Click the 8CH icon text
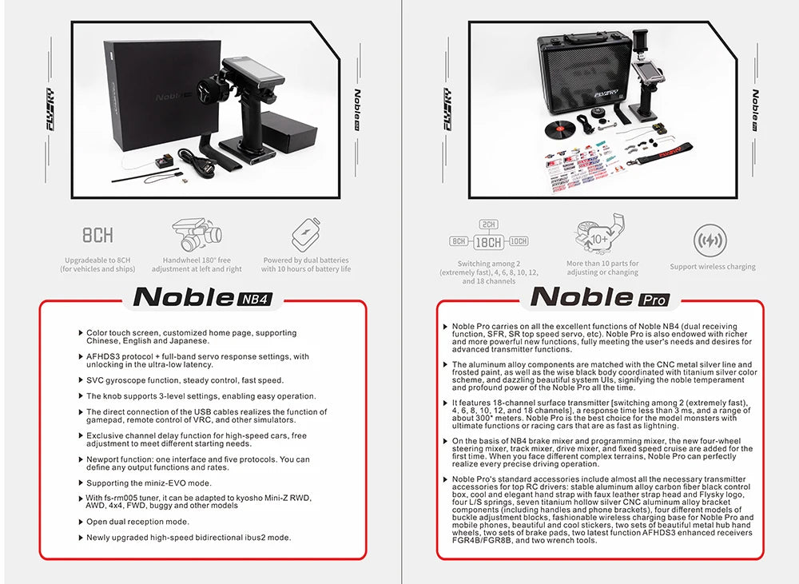[98, 235]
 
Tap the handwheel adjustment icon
[197, 235]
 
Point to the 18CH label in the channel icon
[489, 241]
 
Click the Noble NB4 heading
[204, 297]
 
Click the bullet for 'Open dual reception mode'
[81, 522]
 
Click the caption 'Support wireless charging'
[713, 267]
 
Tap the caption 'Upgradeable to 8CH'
[97, 260]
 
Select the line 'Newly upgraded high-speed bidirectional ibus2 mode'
[189, 538]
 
